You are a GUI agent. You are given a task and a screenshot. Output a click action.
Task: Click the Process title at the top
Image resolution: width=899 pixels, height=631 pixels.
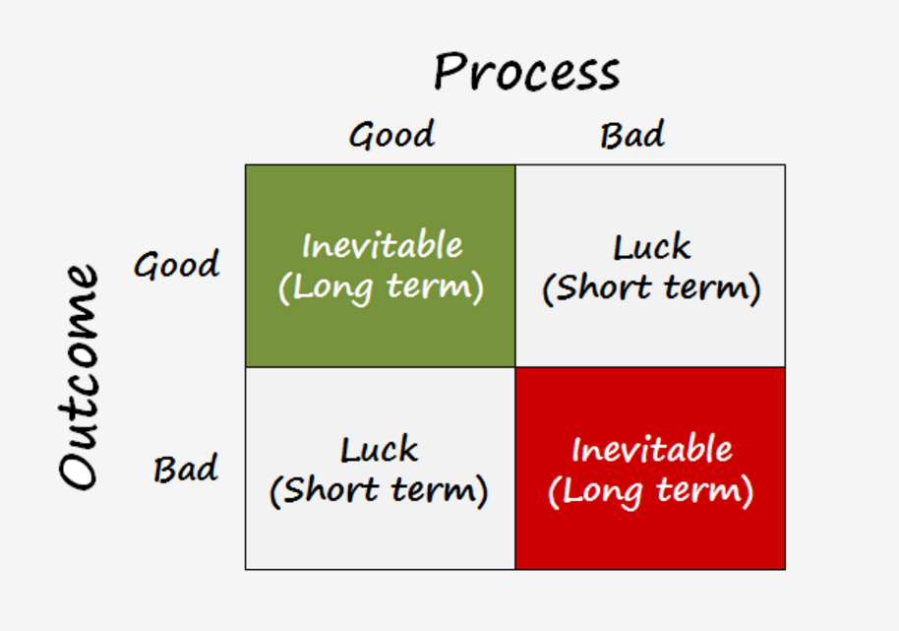pyautogui.click(x=527, y=72)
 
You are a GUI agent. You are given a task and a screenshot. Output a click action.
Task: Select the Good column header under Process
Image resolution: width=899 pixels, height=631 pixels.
pyautogui.click(x=391, y=135)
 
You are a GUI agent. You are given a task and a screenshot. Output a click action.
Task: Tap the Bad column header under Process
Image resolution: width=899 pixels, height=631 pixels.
pyautogui.click(x=632, y=134)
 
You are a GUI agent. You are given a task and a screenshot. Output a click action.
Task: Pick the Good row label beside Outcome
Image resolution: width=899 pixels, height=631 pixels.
pyautogui.click(x=177, y=265)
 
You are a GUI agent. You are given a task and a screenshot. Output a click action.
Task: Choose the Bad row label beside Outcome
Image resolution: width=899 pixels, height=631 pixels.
pyautogui.click(x=185, y=469)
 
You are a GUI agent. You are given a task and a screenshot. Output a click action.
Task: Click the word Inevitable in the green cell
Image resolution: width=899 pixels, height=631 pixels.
pyautogui.click(x=382, y=245)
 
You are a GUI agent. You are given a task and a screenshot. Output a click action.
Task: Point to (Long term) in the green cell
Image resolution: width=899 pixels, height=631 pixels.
pyautogui.click(x=382, y=287)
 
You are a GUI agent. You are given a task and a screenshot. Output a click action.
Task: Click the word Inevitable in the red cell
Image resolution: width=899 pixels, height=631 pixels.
pyautogui.click(x=651, y=449)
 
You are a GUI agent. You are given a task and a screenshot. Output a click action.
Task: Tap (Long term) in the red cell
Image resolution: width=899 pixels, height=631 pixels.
pyautogui.click(x=651, y=490)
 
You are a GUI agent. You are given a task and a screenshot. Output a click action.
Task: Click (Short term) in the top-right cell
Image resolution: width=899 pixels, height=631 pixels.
pyautogui.click(x=651, y=288)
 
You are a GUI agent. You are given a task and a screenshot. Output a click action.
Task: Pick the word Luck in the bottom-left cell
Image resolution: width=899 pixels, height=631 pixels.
pyautogui.click(x=380, y=450)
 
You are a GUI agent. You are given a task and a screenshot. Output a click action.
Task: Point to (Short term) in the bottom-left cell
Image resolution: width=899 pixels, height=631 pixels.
pyautogui.click(x=380, y=490)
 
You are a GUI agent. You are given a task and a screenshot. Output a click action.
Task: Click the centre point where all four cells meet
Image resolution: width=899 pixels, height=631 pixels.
pyautogui.click(x=515, y=367)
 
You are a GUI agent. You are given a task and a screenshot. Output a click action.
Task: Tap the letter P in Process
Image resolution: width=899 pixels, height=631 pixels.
pyautogui.click(x=449, y=72)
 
